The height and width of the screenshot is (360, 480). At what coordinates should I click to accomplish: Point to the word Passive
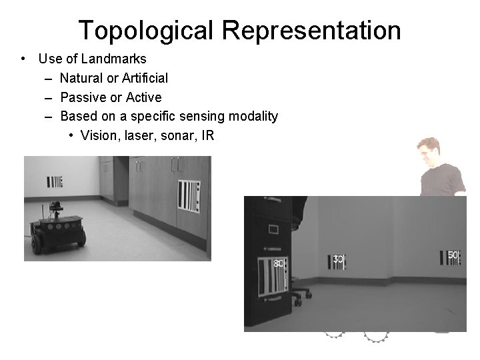tap(82, 97)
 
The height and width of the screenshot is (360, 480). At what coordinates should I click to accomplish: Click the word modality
tap(253, 117)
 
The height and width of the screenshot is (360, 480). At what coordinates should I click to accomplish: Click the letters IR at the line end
tap(207, 136)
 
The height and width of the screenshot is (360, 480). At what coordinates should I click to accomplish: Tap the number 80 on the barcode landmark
tap(279, 263)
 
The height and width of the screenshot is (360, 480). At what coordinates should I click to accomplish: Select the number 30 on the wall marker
tap(339, 259)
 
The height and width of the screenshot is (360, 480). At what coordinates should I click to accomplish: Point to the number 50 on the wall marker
tap(453, 255)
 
